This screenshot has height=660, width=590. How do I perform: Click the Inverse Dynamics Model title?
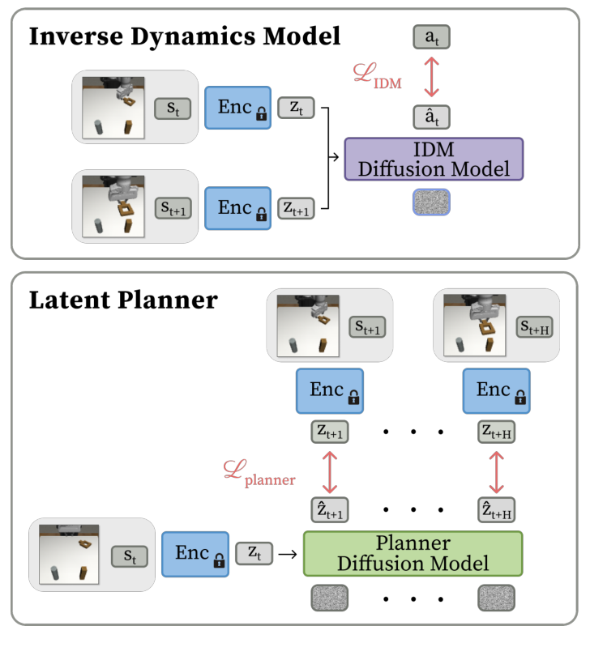[x=185, y=38]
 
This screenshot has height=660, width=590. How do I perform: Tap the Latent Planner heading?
[x=123, y=300]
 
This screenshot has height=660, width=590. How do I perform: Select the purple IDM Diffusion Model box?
[x=434, y=159]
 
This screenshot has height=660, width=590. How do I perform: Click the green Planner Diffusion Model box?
[x=413, y=553]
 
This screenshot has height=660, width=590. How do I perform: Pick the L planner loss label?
[x=259, y=473]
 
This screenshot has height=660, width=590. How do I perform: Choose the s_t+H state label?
[x=534, y=326]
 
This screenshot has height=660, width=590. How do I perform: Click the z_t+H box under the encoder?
[x=496, y=433]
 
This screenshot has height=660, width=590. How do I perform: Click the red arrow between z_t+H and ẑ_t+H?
[x=496, y=472]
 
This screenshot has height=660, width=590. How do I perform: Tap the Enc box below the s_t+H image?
[x=496, y=392]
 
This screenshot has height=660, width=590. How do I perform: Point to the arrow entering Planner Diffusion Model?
[x=286, y=554]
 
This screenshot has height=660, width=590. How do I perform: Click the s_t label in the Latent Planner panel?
[x=130, y=556]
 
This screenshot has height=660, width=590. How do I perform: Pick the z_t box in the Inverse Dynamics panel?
[x=299, y=107]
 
